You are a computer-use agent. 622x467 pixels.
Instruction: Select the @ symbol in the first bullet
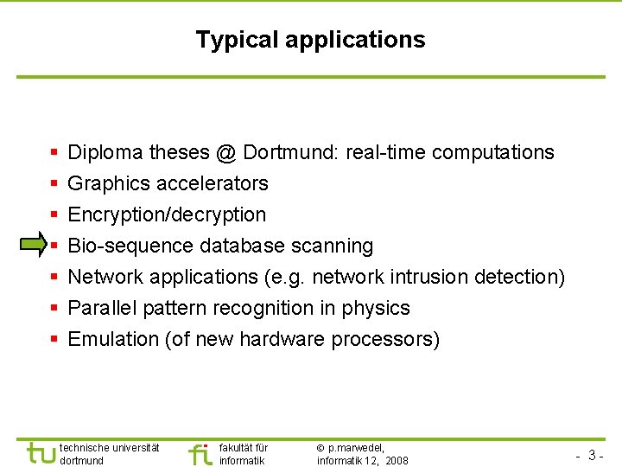(x=226, y=152)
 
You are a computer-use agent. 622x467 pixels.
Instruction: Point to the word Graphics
(x=106, y=183)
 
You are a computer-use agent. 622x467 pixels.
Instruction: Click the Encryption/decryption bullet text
(x=167, y=214)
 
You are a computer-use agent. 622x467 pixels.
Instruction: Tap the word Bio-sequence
(x=130, y=246)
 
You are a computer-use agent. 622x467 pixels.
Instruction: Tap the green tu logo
(x=41, y=452)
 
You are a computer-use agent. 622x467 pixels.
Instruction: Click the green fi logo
(x=200, y=453)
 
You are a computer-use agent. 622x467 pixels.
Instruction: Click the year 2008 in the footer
(x=397, y=461)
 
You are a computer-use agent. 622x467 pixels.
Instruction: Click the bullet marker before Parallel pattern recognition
(x=54, y=308)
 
